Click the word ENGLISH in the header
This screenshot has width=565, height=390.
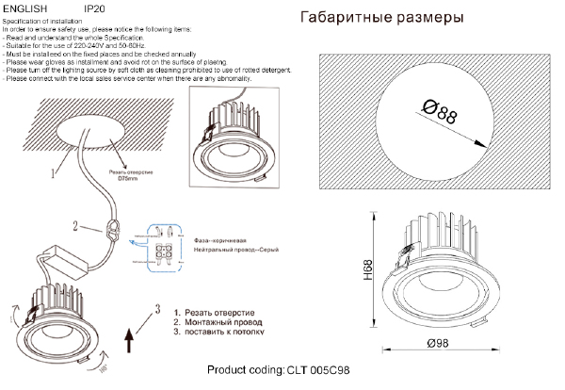[20, 8]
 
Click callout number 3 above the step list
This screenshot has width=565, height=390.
[159, 307]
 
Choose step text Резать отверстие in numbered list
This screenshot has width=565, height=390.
[218, 311]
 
